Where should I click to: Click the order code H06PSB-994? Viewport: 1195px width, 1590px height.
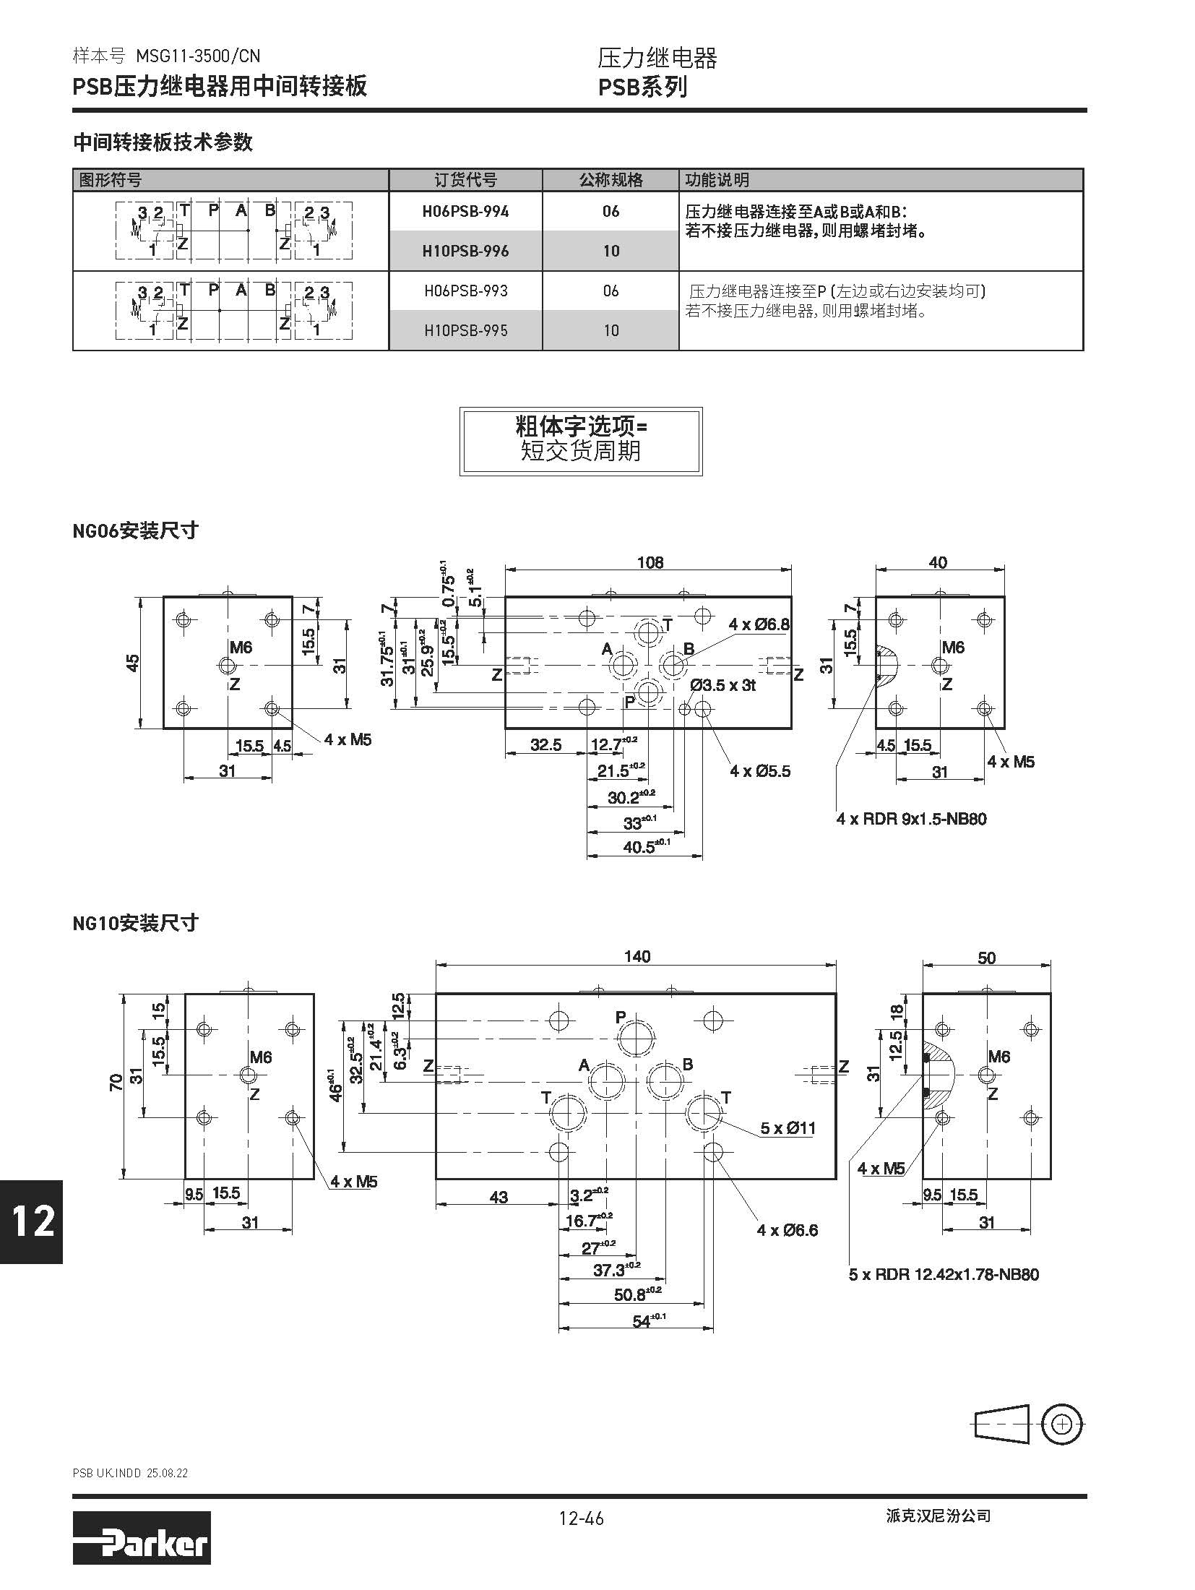point(465,211)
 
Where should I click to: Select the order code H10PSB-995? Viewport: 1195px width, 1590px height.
point(465,330)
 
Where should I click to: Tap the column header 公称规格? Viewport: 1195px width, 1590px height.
point(611,180)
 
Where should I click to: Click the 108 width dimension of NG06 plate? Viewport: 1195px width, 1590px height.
point(650,562)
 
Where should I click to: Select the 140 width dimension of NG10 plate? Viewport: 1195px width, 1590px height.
point(637,956)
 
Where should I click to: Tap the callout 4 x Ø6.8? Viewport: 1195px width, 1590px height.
point(759,624)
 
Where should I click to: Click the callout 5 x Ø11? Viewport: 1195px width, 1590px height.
point(788,1127)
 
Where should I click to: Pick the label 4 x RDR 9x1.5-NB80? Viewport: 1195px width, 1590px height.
point(911,819)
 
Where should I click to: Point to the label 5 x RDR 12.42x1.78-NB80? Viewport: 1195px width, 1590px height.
point(944,1274)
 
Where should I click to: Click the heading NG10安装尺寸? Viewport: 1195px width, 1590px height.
point(135,923)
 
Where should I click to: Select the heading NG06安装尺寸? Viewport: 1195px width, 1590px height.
point(135,531)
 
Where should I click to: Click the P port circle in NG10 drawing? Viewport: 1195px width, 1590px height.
point(637,1041)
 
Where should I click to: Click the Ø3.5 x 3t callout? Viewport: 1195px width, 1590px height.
point(722,685)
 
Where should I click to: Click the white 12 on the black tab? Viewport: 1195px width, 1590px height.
point(32,1221)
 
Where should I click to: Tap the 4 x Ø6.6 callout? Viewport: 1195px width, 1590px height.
point(787,1229)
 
